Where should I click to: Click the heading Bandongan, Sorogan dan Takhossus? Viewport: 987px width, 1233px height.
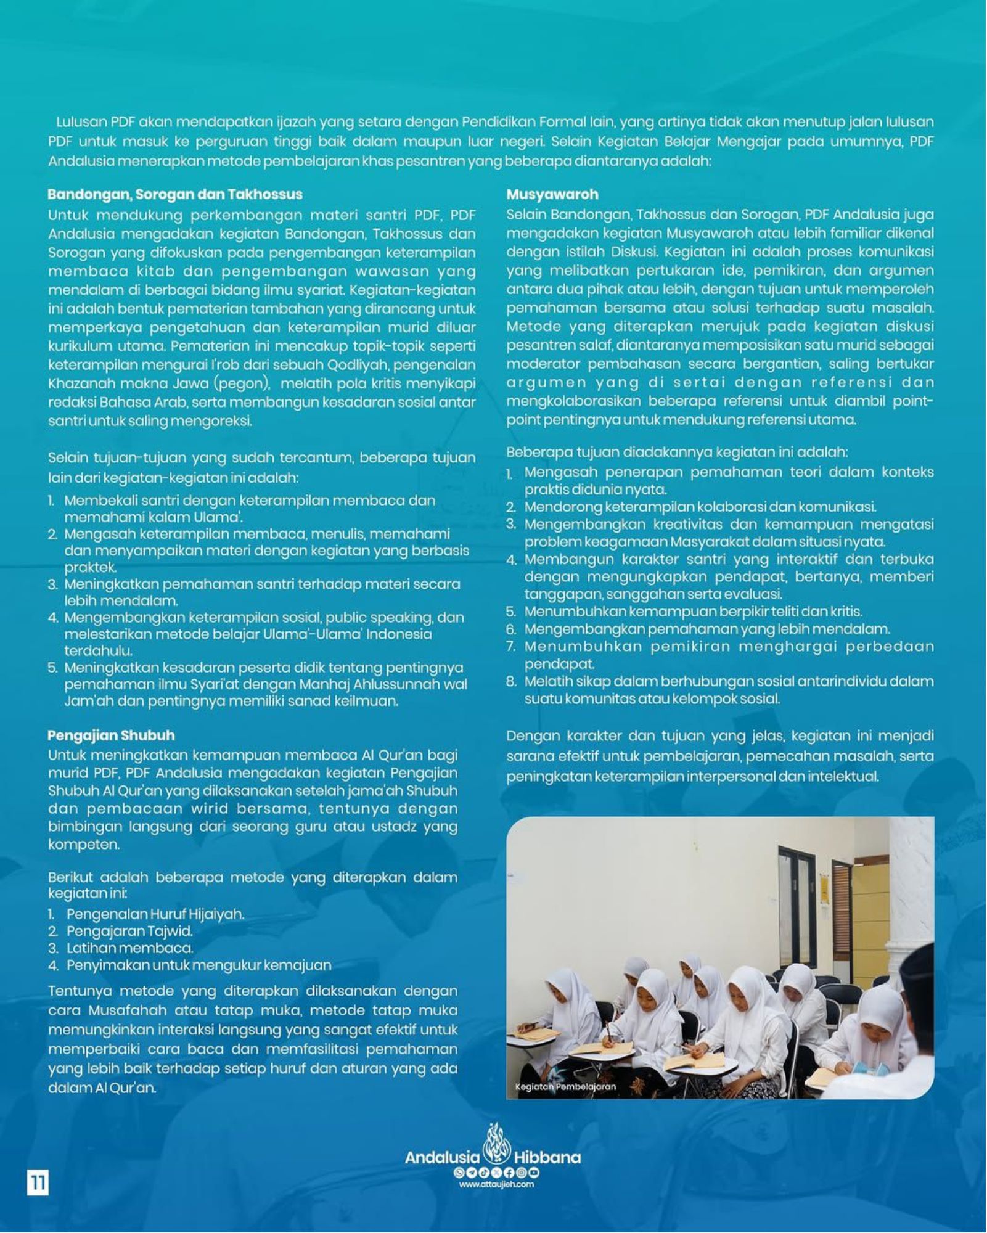[x=175, y=194]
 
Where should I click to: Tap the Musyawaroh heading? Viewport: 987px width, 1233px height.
[x=552, y=194]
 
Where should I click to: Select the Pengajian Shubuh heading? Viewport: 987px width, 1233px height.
[x=111, y=735]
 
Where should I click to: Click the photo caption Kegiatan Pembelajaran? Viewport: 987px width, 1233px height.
[x=565, y=1087]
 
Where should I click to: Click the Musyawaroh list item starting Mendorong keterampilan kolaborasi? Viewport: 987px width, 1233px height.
[x=700, y=507]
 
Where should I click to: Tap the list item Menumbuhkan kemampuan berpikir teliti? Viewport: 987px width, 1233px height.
[x=693, y=612]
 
